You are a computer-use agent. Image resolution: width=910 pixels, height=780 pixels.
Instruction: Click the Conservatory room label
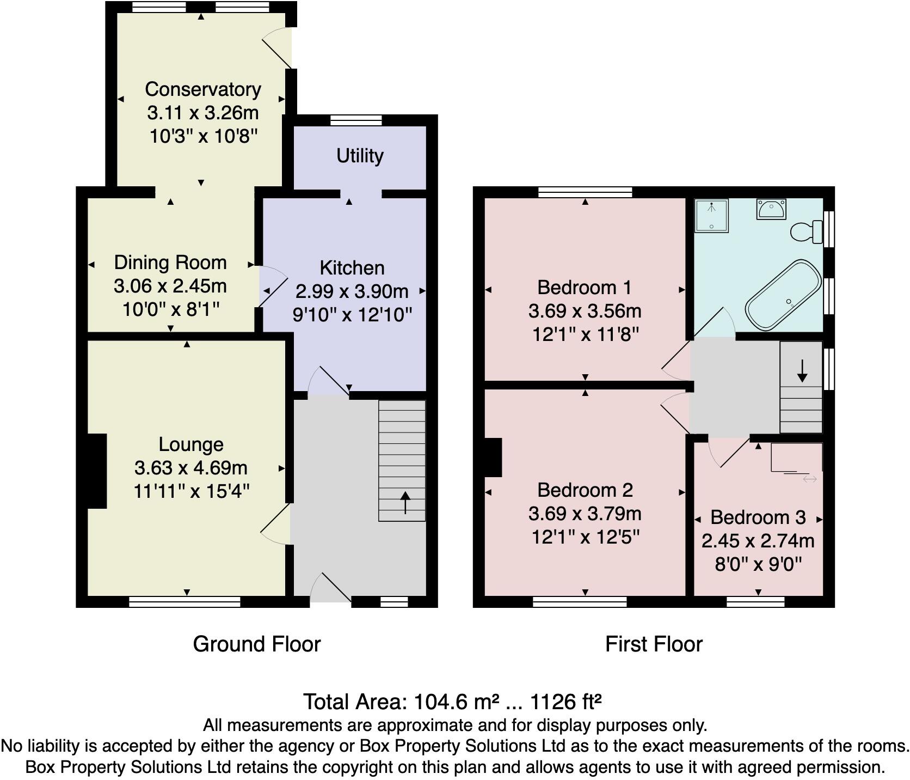(202, 89)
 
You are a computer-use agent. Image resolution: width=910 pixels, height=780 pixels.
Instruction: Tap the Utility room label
(360, 156)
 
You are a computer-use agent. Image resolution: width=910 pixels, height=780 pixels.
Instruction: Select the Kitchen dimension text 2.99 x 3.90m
(352, 291)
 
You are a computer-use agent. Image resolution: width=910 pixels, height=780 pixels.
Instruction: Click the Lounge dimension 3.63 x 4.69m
(191, 468)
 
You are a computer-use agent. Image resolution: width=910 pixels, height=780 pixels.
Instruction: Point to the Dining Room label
(170, 263)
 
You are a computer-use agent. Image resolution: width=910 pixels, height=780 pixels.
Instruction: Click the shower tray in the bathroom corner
(711, 216)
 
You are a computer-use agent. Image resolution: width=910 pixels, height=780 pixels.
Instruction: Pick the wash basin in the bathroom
(771, 209)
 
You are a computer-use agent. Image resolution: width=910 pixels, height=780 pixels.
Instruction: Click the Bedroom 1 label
(585, 287)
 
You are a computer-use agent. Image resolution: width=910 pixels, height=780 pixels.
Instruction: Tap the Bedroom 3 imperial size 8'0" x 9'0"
(758, 564)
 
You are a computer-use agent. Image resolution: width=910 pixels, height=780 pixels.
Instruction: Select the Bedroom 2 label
(585, 490)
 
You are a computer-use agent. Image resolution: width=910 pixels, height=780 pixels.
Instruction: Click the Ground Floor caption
(256, 644)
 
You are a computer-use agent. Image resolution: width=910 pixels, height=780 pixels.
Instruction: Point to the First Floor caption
(654, 644)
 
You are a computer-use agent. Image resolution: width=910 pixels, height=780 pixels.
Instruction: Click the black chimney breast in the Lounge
(96, 471)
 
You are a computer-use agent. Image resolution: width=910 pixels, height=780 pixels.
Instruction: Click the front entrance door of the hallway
(331, 589)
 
